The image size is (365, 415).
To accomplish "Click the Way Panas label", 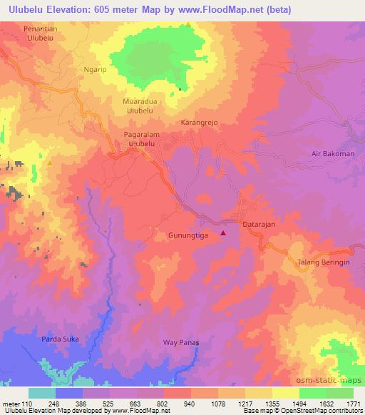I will tap(180, 343).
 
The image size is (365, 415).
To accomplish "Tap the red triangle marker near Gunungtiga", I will tap(223, 232).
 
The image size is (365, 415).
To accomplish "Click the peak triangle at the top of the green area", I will tap(187, 25).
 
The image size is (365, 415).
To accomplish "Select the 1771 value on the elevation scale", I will tap(353, 403).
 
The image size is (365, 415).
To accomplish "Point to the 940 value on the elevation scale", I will tap(190, 403).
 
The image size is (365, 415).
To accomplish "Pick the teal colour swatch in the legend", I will tap(41, 393).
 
